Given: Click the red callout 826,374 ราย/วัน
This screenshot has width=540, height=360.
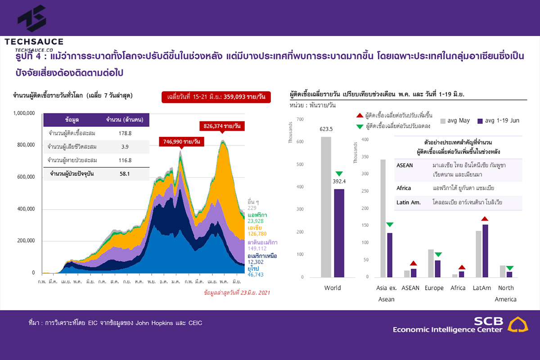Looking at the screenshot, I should click(222, 126).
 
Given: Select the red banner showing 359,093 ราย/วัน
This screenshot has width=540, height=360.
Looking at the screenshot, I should click(216, 97).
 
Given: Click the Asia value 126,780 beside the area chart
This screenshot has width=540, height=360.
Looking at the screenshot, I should click(257, 234).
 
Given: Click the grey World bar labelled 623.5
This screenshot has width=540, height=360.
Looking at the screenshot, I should click(326, 207).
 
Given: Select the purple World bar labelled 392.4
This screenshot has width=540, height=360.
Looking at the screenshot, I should click(339, 233).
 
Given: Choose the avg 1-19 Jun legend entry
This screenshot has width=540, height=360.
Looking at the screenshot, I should click(499, 121).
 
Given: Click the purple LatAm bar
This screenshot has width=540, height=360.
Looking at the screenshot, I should click(485, 251).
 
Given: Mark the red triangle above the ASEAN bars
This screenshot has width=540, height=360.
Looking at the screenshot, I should click(413, 263).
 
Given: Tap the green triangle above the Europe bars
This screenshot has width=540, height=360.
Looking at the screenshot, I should click(438, 255).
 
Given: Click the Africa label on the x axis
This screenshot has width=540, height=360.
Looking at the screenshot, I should click(458, 288).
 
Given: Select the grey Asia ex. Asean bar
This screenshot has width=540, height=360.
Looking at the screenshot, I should click(383, 218).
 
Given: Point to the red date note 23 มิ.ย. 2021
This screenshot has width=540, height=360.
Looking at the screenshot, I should click(237, 293).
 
